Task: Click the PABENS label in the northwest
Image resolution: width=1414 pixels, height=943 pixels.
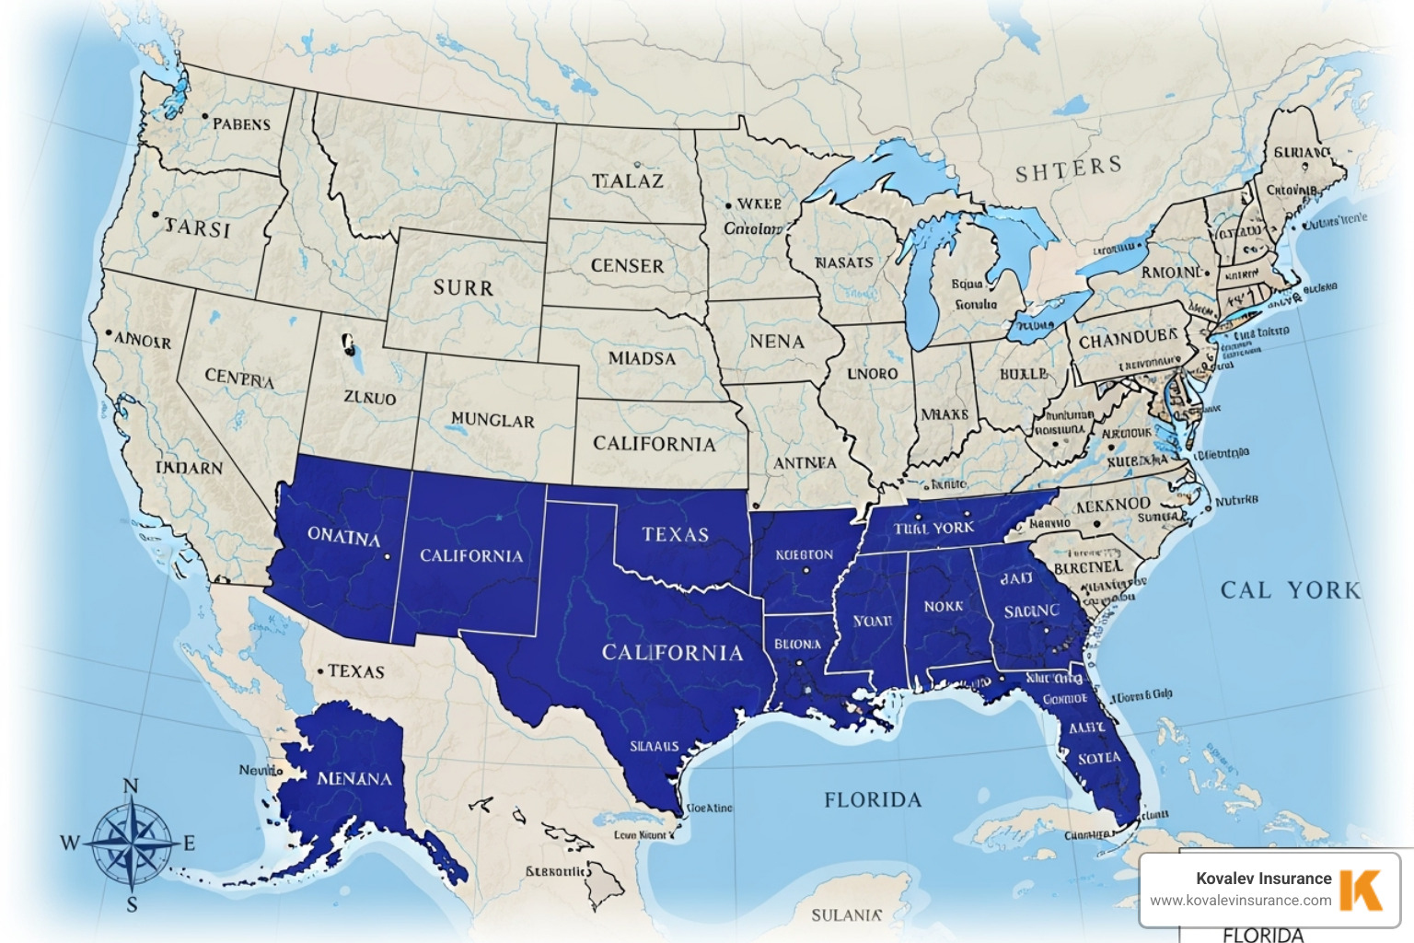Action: pos(241,124)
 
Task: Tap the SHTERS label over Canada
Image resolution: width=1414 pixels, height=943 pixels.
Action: pos(1069,169)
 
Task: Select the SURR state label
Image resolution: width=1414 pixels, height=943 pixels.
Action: pos(463,288)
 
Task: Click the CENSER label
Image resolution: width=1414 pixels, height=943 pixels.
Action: pos(627,266)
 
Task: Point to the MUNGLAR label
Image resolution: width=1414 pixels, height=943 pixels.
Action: pos(493,420)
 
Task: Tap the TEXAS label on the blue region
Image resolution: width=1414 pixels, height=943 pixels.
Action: pos(676,534)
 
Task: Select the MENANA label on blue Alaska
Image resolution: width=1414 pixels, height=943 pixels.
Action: pos(354,779)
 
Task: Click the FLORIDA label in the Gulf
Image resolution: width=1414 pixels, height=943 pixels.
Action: pos(873,800)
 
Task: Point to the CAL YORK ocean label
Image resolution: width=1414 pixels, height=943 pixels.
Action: pos(1291,590)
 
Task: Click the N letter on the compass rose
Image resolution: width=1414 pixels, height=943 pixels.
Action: pos(131,786)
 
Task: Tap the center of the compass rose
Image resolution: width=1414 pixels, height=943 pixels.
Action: pos(132,843)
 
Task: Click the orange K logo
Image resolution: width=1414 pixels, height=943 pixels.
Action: pos(1361,889)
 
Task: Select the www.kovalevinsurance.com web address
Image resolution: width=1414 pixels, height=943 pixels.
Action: pos(1240,901)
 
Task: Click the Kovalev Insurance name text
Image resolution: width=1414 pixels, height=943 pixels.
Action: pos(1263,879)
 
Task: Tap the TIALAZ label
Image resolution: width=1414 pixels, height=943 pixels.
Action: pos(627,181)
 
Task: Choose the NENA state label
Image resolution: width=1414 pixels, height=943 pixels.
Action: pos(777,342)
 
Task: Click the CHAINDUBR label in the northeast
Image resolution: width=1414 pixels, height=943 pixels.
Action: pos(1128,339)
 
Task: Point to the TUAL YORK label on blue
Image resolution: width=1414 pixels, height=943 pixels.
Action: pos(933,528)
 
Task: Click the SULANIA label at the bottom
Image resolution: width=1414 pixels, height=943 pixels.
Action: pos(846,915)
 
